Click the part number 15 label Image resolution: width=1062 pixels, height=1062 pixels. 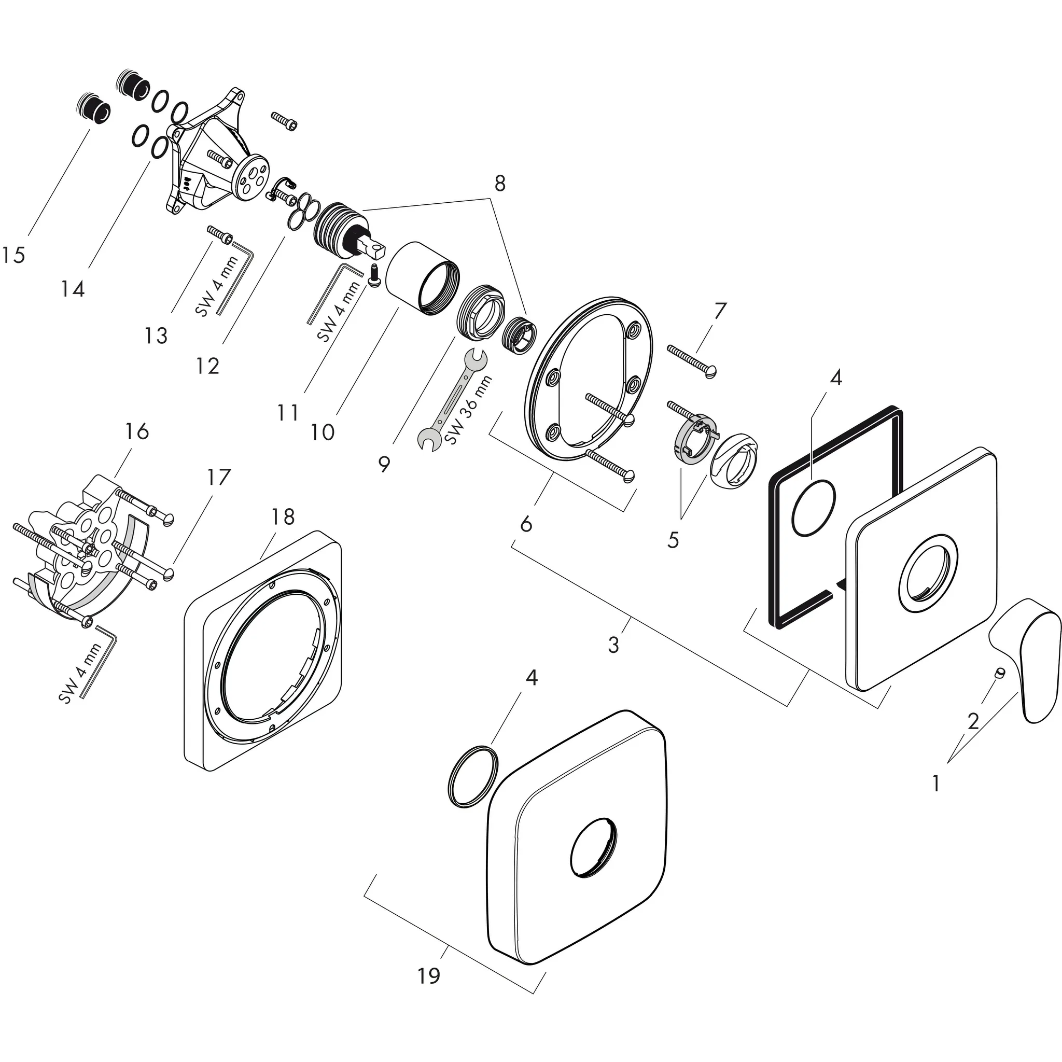[x=13, y=255]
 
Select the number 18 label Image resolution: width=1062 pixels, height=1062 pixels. [x=283, y=516]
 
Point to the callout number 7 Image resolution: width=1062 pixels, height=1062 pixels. [x=720, y=311]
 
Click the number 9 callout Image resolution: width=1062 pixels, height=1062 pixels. [x=384, y=465]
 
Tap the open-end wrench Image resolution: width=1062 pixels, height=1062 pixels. [x=451, y=401]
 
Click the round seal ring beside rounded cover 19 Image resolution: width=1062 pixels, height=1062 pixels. [x=473, y=776]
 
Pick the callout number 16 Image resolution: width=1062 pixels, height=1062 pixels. [x=136, y=431]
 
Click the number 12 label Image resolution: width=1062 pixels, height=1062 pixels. [x=208, y=366]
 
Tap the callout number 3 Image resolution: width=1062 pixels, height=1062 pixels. [x=613, y=644]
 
